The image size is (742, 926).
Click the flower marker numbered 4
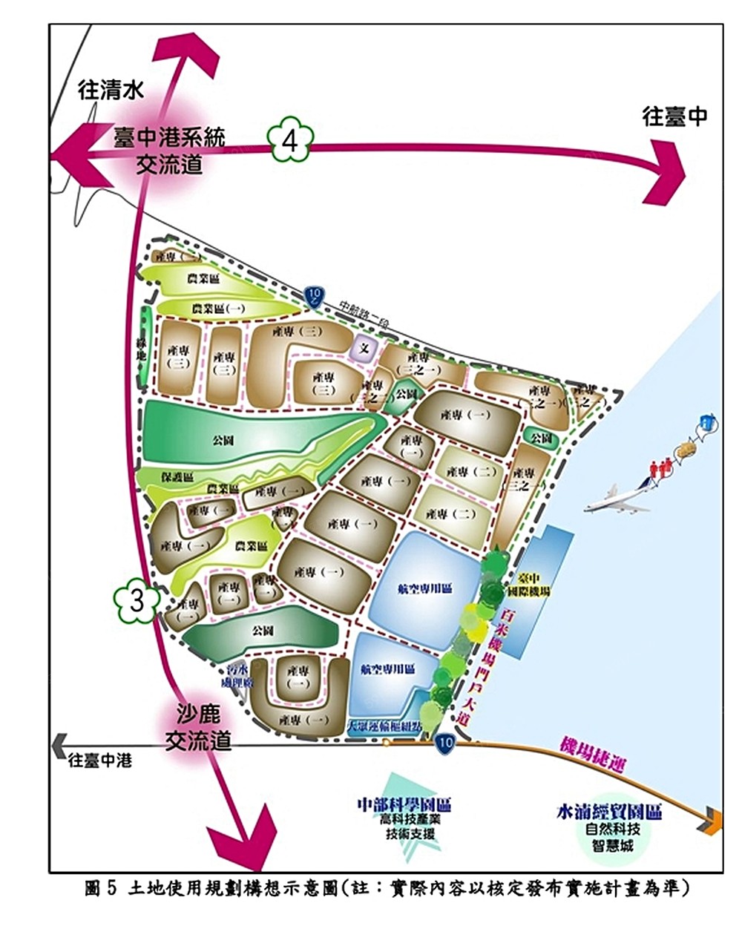coord(290,140)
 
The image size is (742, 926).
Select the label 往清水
coord(111,91)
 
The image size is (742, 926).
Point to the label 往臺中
coord(674,116)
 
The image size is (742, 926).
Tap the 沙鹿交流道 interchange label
coord(198,728)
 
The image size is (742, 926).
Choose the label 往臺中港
coord(99,761)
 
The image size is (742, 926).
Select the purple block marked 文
coord(364,347)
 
